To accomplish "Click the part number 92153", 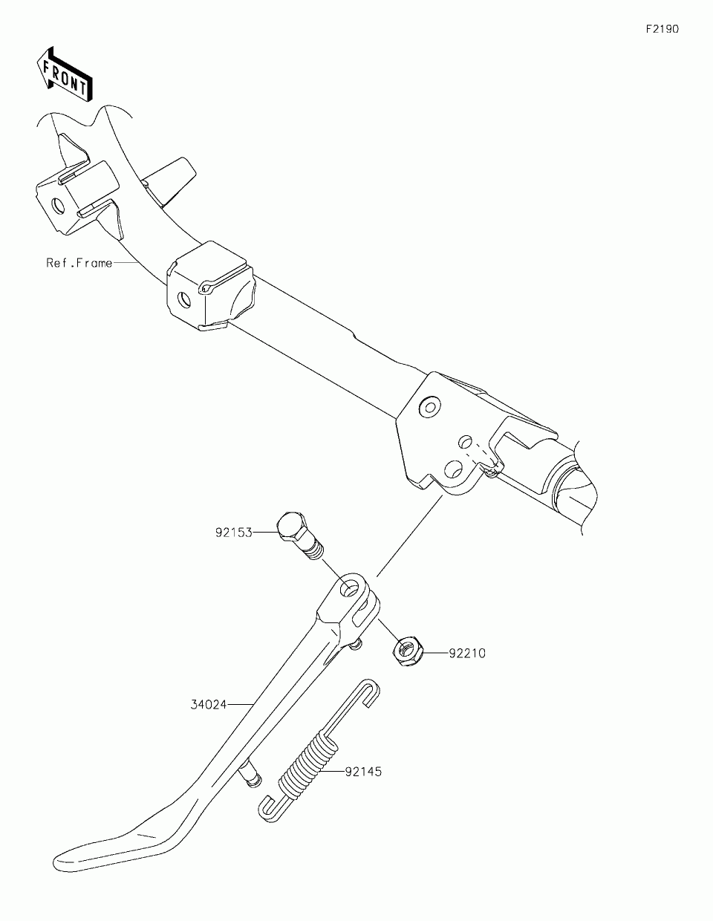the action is [x=234, y=533].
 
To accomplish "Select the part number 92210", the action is [x=466, y=654].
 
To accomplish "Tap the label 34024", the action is [x=207, y=702].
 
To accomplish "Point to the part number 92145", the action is [x=363, y=772].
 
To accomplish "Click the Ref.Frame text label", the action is [x=79, y=263].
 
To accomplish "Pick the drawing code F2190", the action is [x=661, y=30].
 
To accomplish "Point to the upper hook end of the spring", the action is [x=368, y=691].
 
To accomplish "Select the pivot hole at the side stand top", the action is [x=348, y=590].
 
